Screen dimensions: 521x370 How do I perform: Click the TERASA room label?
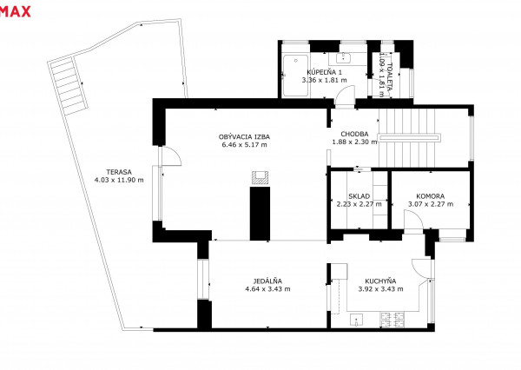119,172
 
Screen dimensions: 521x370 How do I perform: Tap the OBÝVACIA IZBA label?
244,136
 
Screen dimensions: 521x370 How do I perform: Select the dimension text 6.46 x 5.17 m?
244,144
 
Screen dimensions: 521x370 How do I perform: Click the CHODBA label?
354,134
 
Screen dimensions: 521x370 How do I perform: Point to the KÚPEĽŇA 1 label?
324,72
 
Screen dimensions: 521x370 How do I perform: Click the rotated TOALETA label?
390,77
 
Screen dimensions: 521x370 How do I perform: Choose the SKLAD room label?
359,196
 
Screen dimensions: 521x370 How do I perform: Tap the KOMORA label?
431,196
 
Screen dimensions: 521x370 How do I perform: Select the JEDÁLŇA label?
267,281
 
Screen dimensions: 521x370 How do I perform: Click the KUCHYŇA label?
380,281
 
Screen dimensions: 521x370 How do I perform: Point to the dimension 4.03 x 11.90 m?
119,180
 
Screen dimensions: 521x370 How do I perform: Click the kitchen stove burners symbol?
392,320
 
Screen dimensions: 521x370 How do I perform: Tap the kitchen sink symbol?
356,320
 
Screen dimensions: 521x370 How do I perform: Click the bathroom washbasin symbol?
342,58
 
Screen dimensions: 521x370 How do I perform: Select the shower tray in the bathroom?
295,76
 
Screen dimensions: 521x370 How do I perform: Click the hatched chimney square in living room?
260,177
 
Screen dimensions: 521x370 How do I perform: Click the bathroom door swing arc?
346,89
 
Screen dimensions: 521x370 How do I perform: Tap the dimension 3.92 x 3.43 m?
380,289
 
